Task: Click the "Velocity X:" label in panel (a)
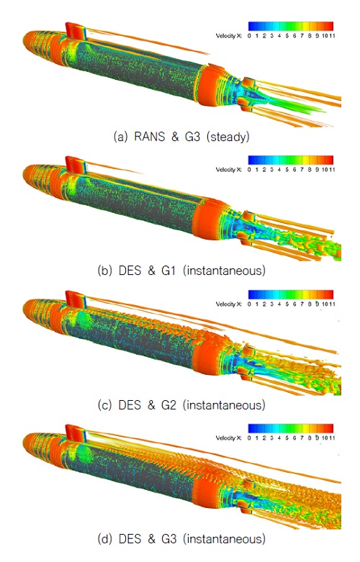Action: point(230,34)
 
